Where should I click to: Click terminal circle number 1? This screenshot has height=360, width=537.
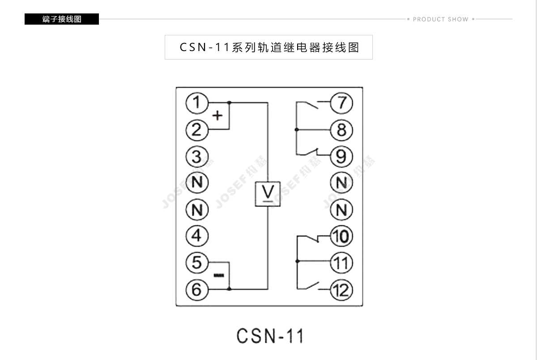pyautogui.click(x=197, y=103)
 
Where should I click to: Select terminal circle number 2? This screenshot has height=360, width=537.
pyautogui.click(x=197, y=130)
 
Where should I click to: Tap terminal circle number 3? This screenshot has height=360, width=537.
pyautogui.click(x=197, y=157)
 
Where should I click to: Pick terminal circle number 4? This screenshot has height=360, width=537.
pyautogui.click(x=197, y=236)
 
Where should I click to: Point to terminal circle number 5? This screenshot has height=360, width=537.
pyautogui.click(x=197, y=262)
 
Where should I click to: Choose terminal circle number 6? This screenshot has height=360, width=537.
pyautogui.click(x=197, y=289)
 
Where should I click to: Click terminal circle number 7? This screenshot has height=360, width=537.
pyautogui.click(x=342, y=103)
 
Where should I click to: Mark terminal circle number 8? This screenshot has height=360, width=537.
pyautogui.click(x=342, y=130)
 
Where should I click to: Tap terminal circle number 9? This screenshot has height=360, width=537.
pyautogui.click(x=342, y=157)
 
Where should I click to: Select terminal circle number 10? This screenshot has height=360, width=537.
pyautogui.click(x=342, y=236)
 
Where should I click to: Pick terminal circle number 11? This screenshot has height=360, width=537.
pyautogui.click(x=342, y=262)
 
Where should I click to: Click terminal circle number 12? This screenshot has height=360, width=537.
pyautogui.click(x=342, y=290)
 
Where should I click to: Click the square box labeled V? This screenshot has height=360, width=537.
pyautogui.click(x=268, y=194)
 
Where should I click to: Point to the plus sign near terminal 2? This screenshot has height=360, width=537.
pyautogui.click(x=217, y=116)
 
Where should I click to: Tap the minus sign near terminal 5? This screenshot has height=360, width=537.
pyautogui.click(x=218, y=275)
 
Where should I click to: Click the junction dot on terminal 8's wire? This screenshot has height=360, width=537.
pyautogui.click(x=296, y=130)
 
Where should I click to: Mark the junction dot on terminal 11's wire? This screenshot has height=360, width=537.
pyautogui.click(x=296, y=261)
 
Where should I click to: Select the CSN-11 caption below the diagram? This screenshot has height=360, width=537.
pyautogui.click(x=270, y=336)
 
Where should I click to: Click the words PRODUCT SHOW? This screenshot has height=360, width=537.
pyautogui.click(x=440, y=19)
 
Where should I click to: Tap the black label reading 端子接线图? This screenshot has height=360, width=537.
pyautogui.click(x=62, y=19)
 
